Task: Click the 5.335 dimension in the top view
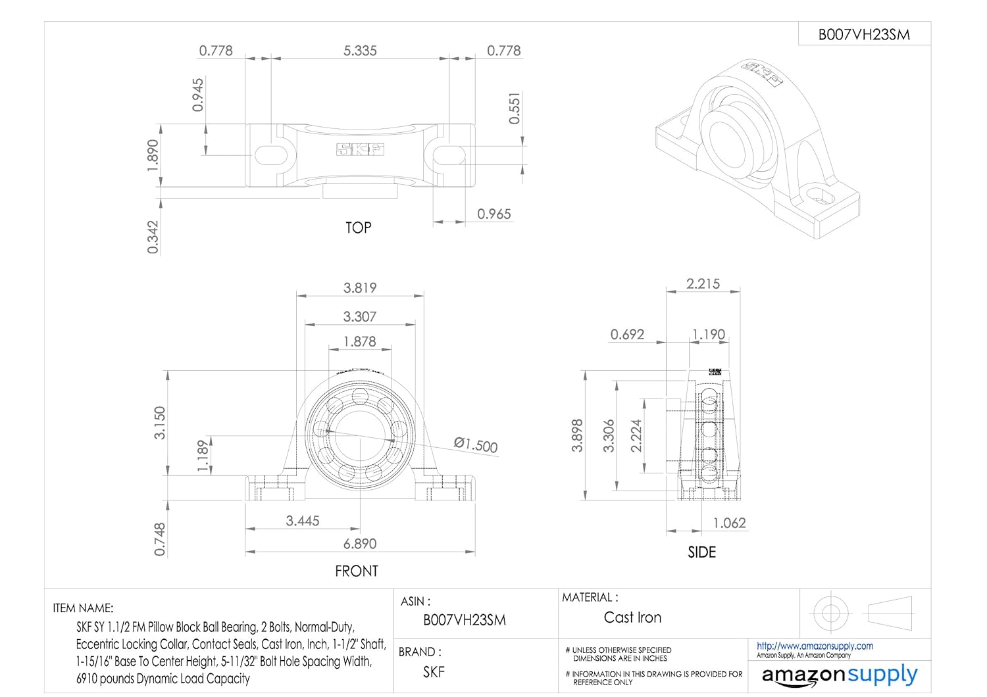click(x=360, y=51)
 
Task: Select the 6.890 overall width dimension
click(x=360, y=544)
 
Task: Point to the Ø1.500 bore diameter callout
click(x=476, y=445)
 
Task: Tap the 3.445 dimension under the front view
click(x=303, y=521)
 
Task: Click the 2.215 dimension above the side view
click(x=703, y=283)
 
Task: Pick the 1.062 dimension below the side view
click(x=730, y=523)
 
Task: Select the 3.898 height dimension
click(x=577, y=435)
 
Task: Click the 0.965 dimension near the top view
click(x=493, y=214)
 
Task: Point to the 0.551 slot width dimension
click(x=515, y=108)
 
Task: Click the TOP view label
click(x=359, y=228)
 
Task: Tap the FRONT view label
click(x=357, y=571)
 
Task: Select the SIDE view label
click(x=701, y=552)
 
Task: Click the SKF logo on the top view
click(x=360, y=150)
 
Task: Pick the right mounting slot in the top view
click(x=449, y=155)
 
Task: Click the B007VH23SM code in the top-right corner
click(x=864, y=35)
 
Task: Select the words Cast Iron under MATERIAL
click(x=632, y=617)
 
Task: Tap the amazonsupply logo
click(x=839, y=675)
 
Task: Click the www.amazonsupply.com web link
click(x=815, y=646)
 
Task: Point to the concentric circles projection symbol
click(x=827, y=613)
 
